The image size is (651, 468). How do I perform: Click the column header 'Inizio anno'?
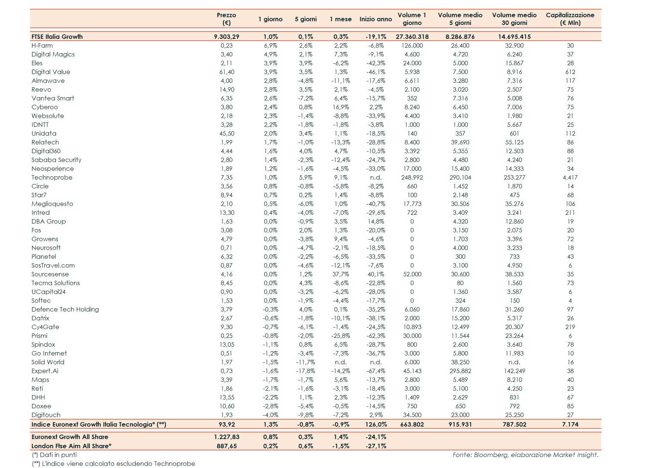click(x=376, y=19)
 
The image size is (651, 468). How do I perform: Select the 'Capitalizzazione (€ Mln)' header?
click(x=570, y=19)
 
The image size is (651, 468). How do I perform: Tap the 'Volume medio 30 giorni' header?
click(x=514, y=19)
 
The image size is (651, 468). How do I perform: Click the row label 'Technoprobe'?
click(x=52, y=177)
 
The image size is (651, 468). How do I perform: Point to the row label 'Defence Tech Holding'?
click(x=65, y=309)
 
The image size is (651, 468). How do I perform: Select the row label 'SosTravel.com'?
click(x=53, y=265)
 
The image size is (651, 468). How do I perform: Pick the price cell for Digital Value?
click(x=227, y=72)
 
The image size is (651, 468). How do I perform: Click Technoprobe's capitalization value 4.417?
click(x=570, y=177)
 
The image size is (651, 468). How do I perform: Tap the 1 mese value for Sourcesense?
click(x=341, y=274)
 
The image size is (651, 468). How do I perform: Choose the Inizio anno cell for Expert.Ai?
click(x=376, y=371)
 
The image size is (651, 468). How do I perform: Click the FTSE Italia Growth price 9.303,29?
click(x=227, y=37)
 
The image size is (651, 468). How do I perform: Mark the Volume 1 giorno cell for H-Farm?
click(x=412, y=45)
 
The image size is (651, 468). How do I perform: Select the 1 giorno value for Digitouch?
click(x=271, y=415)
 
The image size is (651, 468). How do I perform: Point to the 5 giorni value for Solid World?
click(x=305, y=362)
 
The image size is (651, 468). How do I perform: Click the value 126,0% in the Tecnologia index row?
click(x=376, y=424)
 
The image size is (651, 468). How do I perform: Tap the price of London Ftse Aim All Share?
click(x=227, y=446)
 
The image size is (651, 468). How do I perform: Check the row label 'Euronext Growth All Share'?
click(x=70, y=437)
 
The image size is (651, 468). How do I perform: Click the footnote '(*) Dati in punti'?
click(x=55, y=455)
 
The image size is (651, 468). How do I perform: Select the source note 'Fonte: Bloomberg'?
click(x=525, y=455)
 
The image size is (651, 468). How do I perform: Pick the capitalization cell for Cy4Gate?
click(x=570, y=327)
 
